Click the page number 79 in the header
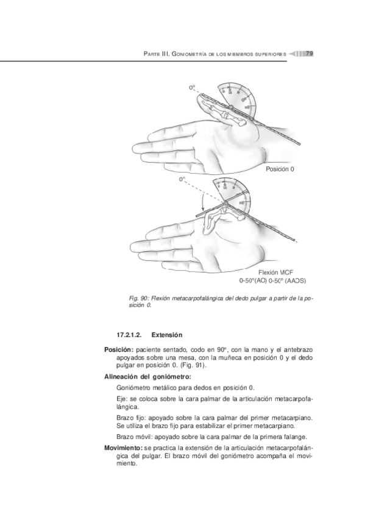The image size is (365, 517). click(309, 54)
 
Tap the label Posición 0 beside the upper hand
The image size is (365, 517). click(280, 169)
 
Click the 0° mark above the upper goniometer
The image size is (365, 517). click(193, 88)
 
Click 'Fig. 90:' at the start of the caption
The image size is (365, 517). click(140, 299)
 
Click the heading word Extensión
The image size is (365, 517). click(167, 335)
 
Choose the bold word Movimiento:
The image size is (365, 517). click(122, 447)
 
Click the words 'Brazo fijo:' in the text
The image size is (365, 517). click(130, 418)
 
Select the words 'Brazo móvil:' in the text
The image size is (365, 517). click(132, 437)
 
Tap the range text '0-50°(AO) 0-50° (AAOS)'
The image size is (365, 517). click(272, 282)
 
